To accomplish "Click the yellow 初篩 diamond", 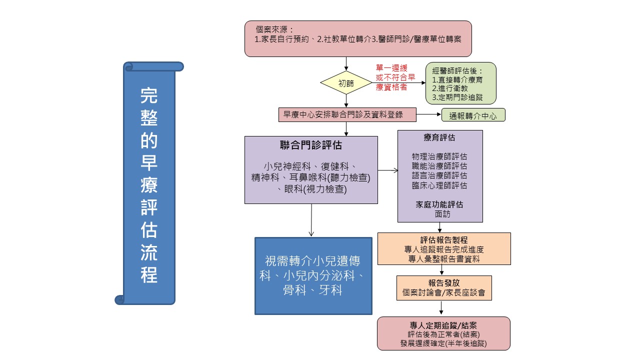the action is pyautogui.click(x=346, y=83).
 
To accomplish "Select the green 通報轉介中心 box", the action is pyautogui.click(x=473, y=115).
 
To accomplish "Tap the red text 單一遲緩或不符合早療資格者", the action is pyautogui.click(x=395, y=77).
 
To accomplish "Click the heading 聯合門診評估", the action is pyautogui.click(x=311, y=145).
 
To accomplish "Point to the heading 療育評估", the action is pyautogui.click(x=439, y=137).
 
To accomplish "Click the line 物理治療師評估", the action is pyautogui.click(x=439, y=156).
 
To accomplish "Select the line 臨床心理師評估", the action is pyautogui.click(x=439, y=185).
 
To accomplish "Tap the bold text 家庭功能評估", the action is pyautogui.click(x=439, y=204).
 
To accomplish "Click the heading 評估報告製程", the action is pyautogui.click(x=443, y=240).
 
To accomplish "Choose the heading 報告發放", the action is pyautogui.click(x=443, y=283).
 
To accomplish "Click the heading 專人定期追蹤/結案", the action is pyautogui.click(x=443, y=325).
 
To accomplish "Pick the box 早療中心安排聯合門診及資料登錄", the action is pyautogui.click(x=347, y=115).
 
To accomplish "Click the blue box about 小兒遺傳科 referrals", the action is pyautogui.click(x=313, y=276).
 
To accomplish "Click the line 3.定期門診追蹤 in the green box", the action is pyautogui.click(x=457, y=97).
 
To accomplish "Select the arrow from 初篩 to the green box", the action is pyautogui.click(x=398, y=83).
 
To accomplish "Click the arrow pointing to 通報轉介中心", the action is pyautogui.click(x=429, y=114).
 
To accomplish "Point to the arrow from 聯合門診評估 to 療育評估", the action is pyautogui.click(x=387, y=170).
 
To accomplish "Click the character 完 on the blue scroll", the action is pyautogui.click(x=149, y=95).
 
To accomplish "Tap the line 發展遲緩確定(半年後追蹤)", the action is pyautogui.click(x=443, y=343).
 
